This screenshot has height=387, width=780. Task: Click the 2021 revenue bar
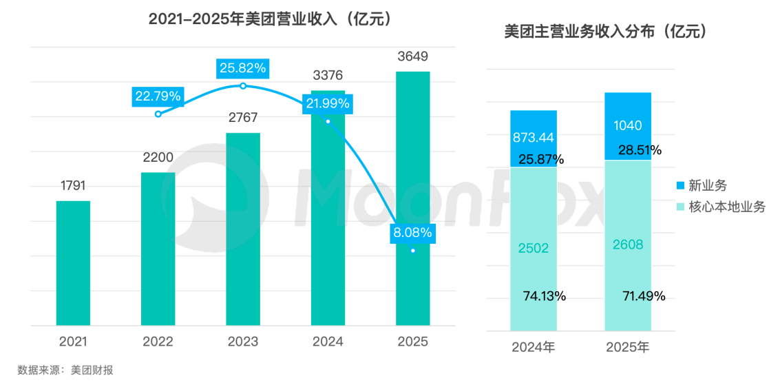(x=73, y=263)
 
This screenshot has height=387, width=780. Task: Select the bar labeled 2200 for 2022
(x=158, y=249)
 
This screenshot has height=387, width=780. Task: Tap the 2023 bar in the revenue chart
(x=243, y=229)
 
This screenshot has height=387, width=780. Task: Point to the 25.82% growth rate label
(x=243, y=67)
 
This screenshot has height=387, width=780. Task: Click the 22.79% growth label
(x=158, y=96)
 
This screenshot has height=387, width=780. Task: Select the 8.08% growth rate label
(x=412, y=233)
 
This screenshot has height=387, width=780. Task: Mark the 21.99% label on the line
(x=328, y=103)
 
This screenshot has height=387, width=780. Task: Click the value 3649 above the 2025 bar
(x=412, y=55)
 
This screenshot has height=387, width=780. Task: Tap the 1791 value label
(x=73, y=185)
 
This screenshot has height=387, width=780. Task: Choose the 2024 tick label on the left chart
(x=328, y=342)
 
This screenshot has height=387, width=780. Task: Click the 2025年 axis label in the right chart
(x=627, y=347)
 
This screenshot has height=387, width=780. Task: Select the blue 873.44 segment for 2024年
(x=534, y=138)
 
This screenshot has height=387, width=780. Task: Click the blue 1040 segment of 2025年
(x=627, y=126)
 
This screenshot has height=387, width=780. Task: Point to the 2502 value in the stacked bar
(x=534, y=249)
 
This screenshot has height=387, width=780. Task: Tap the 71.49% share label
(x=644, y=296)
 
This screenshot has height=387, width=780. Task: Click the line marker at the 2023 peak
(x=243, y=85)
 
